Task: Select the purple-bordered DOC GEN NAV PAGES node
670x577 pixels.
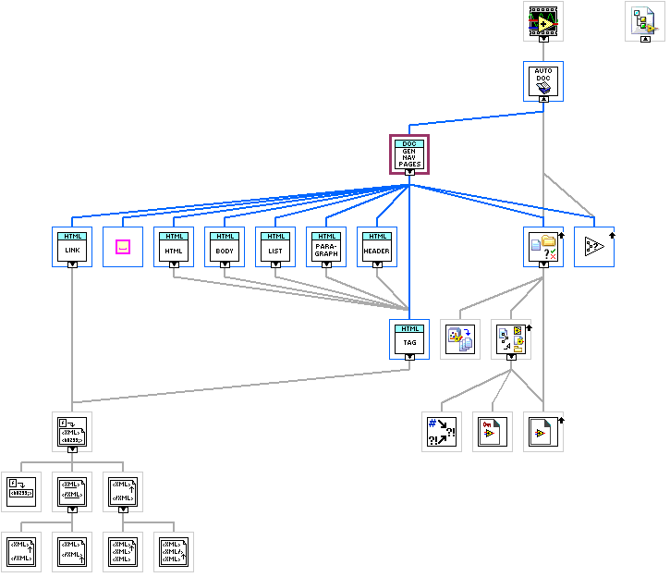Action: pos(409,153)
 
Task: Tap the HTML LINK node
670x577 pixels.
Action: pos(72,246)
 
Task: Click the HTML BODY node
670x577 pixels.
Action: pos(225,246)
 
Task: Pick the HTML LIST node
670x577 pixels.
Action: pos(275,246)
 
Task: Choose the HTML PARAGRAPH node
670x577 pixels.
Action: pos(326,246)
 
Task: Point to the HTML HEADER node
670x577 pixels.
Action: pos(377,246)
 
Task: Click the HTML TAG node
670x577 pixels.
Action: pos(409,338)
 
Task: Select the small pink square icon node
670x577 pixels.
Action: pos(123,247)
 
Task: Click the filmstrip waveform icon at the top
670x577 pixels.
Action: pos(543,19)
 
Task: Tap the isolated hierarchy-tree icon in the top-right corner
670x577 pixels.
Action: pos(645,19)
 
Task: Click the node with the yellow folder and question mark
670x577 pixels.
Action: pos(543,246)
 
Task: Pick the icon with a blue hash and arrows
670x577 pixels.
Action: pos(442,431)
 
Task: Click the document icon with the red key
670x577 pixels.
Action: pos(493,431)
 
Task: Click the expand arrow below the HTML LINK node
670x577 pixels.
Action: pos(72,264)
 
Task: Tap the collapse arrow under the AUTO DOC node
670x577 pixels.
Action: pos(543,97)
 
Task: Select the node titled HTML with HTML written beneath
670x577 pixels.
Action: pos(174,246)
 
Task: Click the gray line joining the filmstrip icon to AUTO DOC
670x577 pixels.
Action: pos(543,52)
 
